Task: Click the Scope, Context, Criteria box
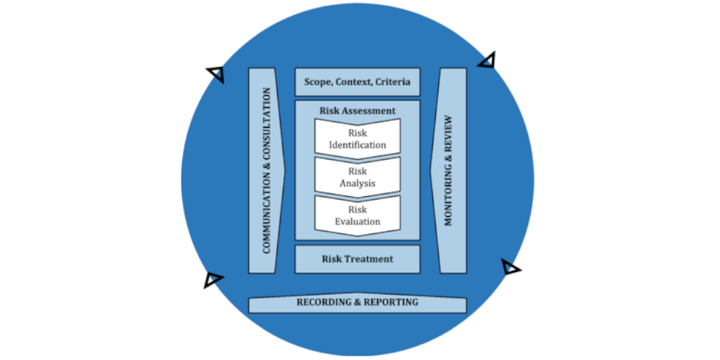357,82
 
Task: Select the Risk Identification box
357,138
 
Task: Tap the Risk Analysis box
357,176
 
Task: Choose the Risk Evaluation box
357,215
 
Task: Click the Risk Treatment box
357,259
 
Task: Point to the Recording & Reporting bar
357,303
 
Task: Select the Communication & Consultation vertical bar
266,171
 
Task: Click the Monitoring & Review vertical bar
449,171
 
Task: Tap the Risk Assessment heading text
357,110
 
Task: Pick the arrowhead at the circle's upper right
486,60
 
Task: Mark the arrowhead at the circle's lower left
212,280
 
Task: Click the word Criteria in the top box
392,82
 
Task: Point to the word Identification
357,145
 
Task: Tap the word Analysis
357,184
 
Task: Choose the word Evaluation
357,222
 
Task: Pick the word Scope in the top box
318,82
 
